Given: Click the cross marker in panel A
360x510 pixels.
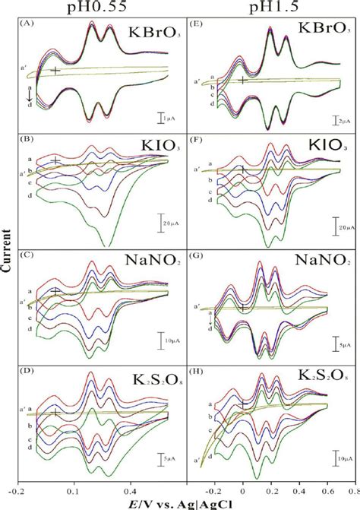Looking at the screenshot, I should click(x=55, y=71).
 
